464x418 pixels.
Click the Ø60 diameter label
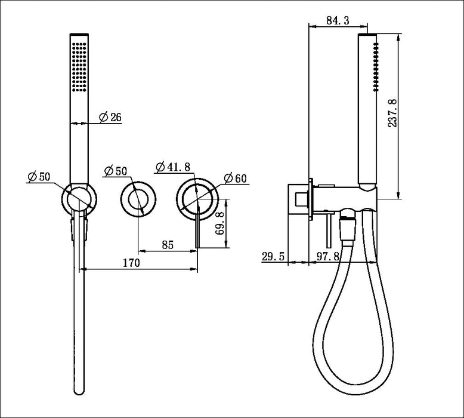(x=236, y=178)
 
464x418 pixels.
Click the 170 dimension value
(x=131, y=263)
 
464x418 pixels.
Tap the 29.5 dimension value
(x=274, y=257)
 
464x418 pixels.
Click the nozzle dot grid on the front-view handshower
(x=79, y=66)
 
